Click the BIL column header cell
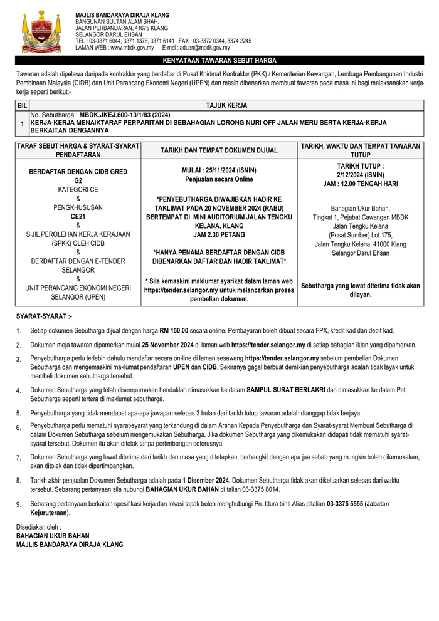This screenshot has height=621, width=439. tap(22, 107)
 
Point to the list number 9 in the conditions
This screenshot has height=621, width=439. tap(19, 504)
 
